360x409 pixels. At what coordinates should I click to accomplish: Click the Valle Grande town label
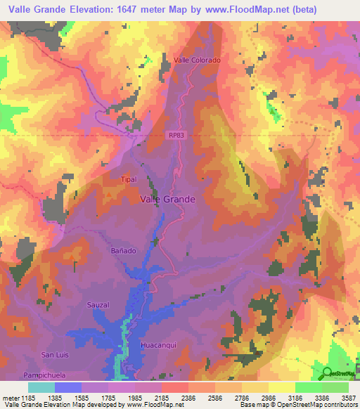point(168,199)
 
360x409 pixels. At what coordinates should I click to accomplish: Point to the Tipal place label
point(128,179)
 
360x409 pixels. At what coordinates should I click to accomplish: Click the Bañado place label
point(122,250)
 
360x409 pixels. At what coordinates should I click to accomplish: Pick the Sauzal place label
point(98,305)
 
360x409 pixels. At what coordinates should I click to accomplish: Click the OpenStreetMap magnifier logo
point(326,372)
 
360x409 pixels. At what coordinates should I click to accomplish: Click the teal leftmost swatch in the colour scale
point(41,387)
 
